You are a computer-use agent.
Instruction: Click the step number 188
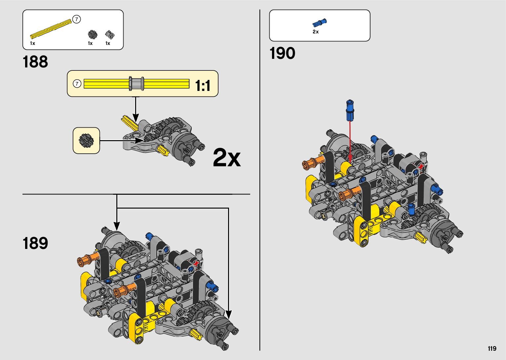(35, 62)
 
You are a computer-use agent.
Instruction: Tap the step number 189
(35, 243)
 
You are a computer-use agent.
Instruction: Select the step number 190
(282, 53)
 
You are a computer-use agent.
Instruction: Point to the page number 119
(492, 348)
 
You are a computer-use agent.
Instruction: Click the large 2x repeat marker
(227, 157)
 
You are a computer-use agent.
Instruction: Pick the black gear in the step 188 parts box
(92, 35)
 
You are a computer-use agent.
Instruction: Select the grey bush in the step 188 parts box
(110, 35)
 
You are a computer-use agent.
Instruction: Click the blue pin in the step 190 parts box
(320, 22)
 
